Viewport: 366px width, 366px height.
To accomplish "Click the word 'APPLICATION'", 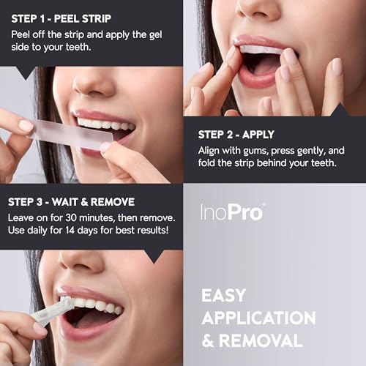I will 258,318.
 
